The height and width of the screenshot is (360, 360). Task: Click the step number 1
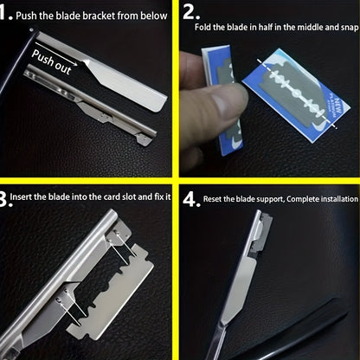(x=7, y=15)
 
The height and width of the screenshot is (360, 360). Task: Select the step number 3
(x=7, y=198)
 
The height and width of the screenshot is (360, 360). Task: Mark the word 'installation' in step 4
(x=339, y=199)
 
